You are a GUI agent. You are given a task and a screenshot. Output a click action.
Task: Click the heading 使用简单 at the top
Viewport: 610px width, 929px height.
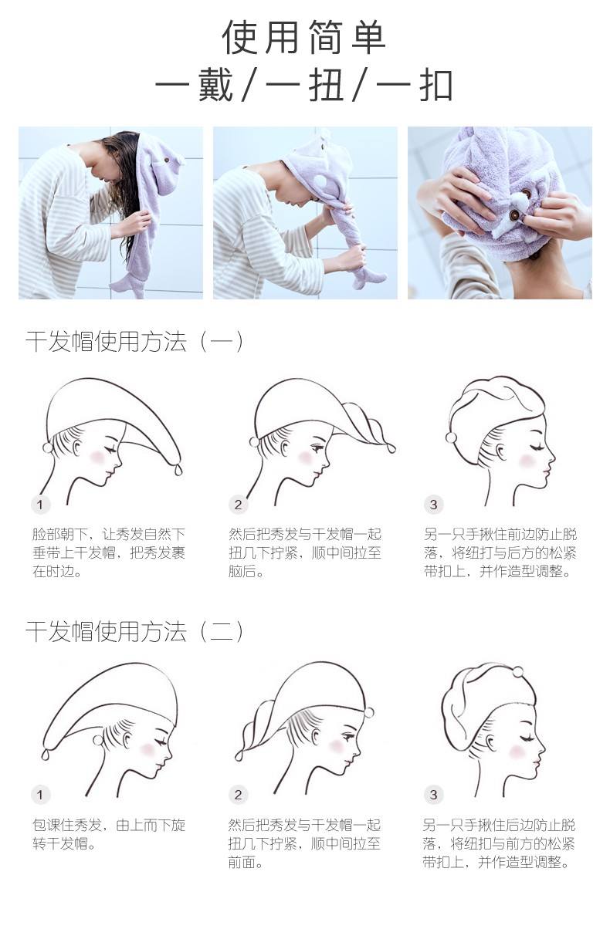(x=304, y=37)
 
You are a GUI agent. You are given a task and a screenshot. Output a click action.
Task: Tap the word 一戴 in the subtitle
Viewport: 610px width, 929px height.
(x=194, y=86)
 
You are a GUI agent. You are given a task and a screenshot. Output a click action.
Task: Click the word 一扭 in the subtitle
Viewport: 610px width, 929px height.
(x=304, y=86)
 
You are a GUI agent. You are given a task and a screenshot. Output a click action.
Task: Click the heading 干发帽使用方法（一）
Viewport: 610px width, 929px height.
(x=135, y=342)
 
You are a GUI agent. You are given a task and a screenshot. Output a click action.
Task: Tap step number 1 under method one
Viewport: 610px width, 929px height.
(x=40, y=505)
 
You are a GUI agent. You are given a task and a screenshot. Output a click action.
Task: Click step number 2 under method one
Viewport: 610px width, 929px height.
(x=238, y=505)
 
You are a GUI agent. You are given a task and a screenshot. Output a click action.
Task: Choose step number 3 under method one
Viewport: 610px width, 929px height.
(x=433, y=505)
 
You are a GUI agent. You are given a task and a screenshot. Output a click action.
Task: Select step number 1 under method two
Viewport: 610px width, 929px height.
(x=40, y=795)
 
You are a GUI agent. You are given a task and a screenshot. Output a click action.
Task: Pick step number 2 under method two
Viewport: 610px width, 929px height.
(x=238, y=795)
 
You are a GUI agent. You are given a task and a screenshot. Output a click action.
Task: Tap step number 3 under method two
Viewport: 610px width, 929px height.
(x=433, y=795)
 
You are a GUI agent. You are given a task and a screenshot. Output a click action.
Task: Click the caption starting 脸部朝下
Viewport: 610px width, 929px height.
(x=109, y=552)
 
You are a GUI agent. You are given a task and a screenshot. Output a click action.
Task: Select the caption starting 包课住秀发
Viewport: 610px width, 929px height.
(x=109, y=834)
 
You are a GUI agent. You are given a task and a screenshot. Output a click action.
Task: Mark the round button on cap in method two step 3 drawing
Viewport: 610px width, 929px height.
(x=517, y=671)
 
